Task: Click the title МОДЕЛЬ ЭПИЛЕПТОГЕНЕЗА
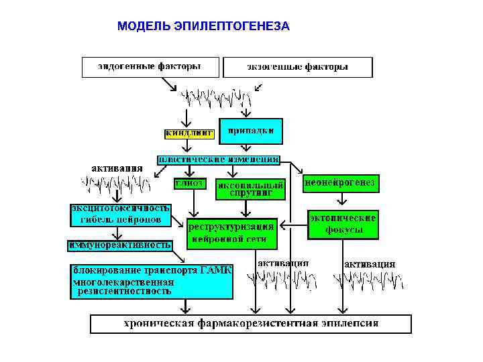[203, 27]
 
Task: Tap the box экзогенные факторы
[297, 67]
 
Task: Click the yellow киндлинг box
[189, 133]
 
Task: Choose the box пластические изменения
[218, 160]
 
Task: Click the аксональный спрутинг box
[250, 188]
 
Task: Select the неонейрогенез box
[341, 182]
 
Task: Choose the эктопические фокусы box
[343, 225]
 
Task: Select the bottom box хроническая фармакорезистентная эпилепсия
[250, 324]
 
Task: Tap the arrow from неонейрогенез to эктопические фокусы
[342, 199]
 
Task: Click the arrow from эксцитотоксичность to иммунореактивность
[119, 232]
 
